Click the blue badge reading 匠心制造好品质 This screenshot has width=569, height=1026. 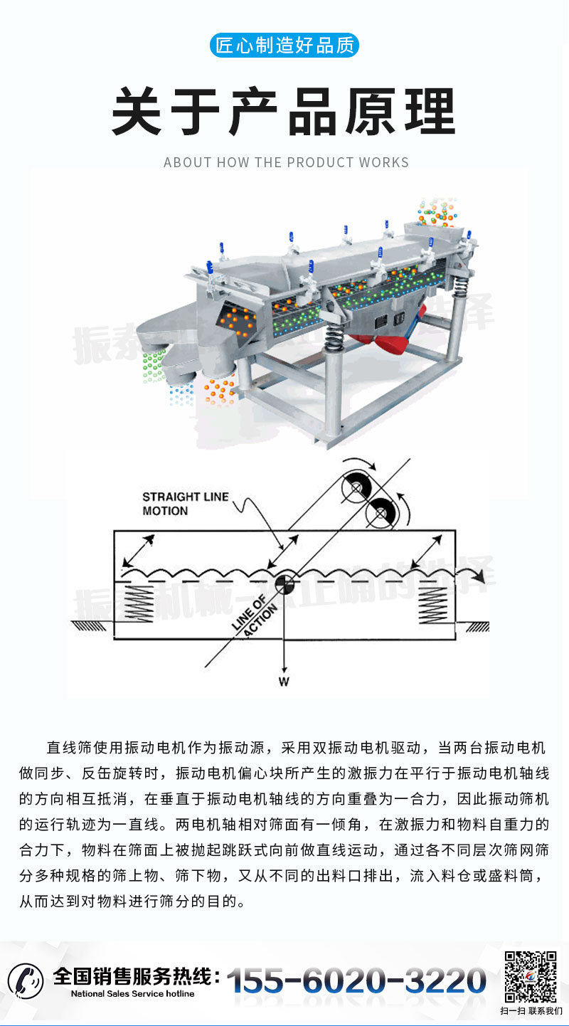pyautogui.click(x=284, y=46)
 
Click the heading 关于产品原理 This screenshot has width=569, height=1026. pyautogui.click(x=284, y=112)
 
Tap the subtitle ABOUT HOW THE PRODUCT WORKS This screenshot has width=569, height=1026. pyautogui.click(x=286, y=162)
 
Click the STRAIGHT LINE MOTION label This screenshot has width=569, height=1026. pyautogui.click(x=185, y=504)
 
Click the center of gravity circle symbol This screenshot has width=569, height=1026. pyautogui.click(x=284, y=584)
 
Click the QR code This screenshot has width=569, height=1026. pyautogui.click(x=531, y=977)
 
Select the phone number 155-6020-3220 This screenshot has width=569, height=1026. pyautogui.click(x=356, y=981)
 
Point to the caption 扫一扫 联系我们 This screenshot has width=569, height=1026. pyautogui.click(x=531, y=1011)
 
